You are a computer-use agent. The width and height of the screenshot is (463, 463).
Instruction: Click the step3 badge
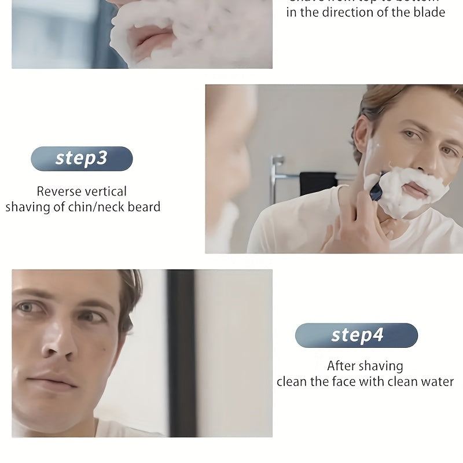82,159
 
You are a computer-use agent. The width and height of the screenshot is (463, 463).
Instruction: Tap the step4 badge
357,335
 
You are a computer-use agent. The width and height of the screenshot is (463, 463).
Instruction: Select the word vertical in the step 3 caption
105,192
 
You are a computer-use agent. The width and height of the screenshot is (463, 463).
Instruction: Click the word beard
142,207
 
